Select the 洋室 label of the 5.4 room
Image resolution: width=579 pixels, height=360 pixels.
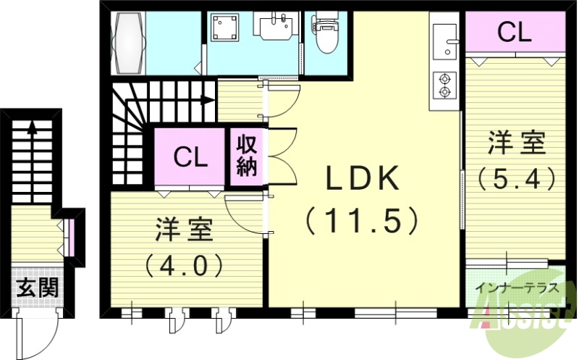point(515,143)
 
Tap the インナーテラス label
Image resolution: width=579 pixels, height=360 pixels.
point(516,288)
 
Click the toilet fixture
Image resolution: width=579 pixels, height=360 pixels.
point(328,35)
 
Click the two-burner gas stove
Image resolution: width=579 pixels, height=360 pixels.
point(443,85)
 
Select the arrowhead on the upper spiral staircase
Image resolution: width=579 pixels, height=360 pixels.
point(211,100)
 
